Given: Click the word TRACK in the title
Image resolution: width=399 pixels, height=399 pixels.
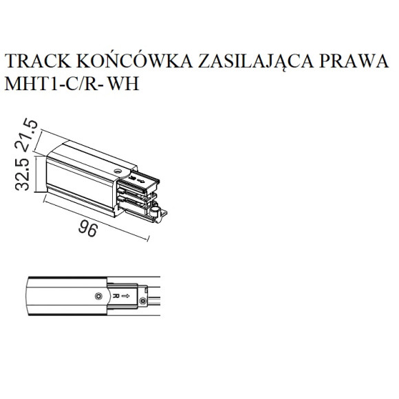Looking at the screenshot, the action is point(38,61).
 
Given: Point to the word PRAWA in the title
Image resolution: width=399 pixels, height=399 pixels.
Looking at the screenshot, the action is point(354,61).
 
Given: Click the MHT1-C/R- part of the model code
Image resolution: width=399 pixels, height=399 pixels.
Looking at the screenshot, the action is point(54,83).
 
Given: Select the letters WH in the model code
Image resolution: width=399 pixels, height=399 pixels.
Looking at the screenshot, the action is point(124,83).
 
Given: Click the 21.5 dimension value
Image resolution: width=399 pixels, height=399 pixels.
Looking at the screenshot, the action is point(26,135).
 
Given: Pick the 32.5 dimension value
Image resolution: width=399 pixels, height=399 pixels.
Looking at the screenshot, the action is point(22,174).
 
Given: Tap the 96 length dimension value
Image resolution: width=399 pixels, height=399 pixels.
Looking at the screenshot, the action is point(88,229).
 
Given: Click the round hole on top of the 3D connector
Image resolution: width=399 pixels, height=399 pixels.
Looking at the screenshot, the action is point(118,171).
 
